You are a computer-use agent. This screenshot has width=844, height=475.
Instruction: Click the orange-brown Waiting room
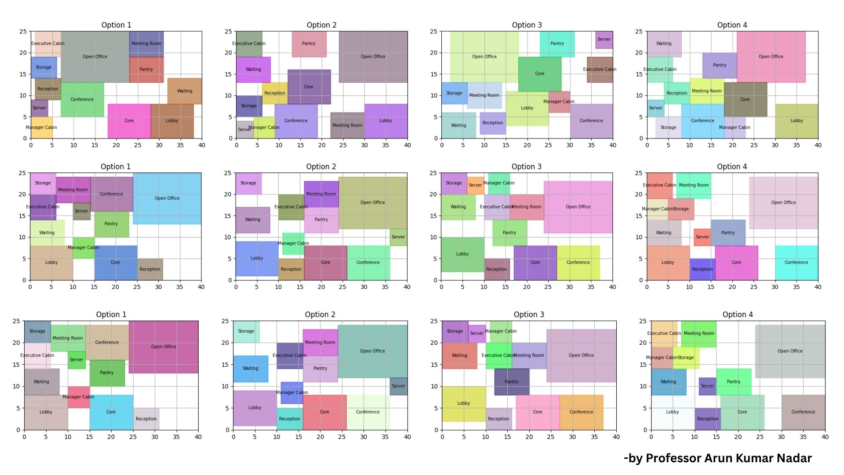coord(185,91)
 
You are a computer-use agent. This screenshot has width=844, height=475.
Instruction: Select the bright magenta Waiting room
coord(253,69)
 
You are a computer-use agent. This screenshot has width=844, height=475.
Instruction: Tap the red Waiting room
coord(459,355)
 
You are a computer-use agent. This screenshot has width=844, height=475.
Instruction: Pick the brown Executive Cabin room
coord(600,69)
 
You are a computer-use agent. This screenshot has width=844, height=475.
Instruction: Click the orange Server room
coord(475,185)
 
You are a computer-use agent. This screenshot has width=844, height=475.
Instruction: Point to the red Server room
coord(702,237)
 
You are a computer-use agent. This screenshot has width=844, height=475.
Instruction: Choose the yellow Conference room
coord(578,263)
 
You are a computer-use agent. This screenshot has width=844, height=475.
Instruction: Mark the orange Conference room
coord(581,412)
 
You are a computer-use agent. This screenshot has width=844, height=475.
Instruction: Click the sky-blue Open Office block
coord(167,198)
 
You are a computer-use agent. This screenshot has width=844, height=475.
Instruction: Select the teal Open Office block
coord(372,351)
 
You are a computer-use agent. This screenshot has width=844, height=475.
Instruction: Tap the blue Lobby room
coord(257,258)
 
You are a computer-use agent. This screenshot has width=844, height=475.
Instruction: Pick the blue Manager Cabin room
coord(292,392)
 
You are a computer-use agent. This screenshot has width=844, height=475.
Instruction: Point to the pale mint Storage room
coord(246,331)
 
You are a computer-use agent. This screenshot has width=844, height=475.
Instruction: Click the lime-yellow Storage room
coord(686,358)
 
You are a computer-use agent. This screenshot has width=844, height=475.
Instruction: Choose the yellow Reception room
coord(275,93)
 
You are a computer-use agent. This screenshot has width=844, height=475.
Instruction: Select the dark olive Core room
coord(745,99)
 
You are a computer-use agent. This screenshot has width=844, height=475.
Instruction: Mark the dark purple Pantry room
coord(511,381)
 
